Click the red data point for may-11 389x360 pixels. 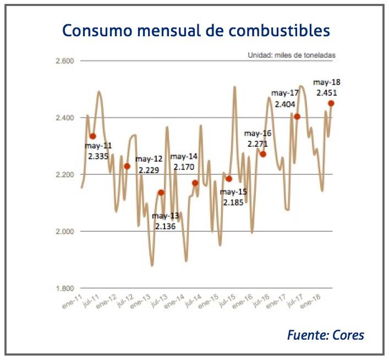coord(93,136)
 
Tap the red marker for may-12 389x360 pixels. coord(127,166)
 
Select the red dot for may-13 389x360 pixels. coord(161,192)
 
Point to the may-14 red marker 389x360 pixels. coord(195,183)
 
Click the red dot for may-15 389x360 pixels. coord(229,179)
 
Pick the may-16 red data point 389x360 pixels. coord(263,154)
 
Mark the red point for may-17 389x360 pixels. coord(297,117)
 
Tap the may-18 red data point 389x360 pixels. coord(331,103)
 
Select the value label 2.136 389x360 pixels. coord(165,226)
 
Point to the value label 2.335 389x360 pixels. coord(99,156)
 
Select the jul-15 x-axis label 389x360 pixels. coord(225,302)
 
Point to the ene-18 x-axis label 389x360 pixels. coord(310,302)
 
